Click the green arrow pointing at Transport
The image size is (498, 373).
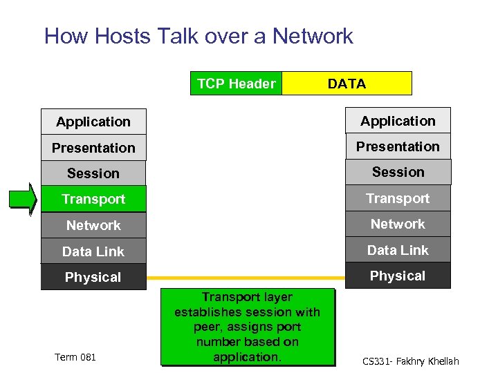coord(22,199)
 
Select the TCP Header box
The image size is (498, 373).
coord(236,84)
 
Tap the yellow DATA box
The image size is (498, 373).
coord(347,84)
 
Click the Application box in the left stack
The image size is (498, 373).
coord(93,122)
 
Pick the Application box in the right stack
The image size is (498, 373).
coord(398,121)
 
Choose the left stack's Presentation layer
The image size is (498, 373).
coord(93,148)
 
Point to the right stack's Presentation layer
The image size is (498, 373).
coord(398,146)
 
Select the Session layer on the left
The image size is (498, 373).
coord(93,173)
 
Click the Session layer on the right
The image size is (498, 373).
coord(398,172)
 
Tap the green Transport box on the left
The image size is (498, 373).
coord(93,199)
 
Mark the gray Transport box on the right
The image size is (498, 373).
coord(398,198)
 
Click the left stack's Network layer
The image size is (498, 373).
coord(93,225)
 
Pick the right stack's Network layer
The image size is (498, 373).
coord(398,224)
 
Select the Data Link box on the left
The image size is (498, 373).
coord(93,251)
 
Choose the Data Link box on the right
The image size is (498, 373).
coord(398,250)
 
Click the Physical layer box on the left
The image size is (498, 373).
coord(93,277)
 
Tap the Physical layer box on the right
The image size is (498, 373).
coord(398,276)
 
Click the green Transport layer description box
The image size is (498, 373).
coord(247,327)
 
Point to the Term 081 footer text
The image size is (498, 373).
coord(75,356)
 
